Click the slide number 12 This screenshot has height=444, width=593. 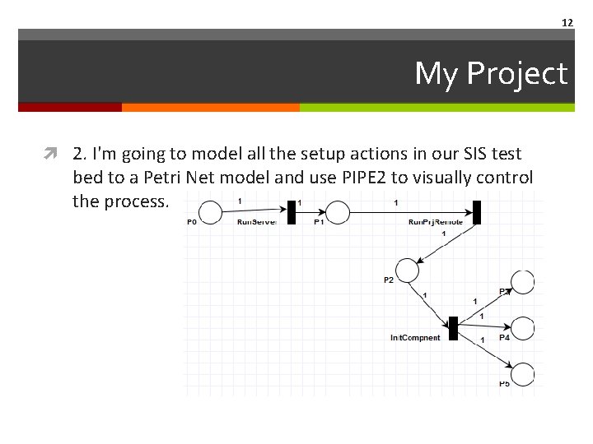click(567, 22)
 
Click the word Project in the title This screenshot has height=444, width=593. click(516, 74)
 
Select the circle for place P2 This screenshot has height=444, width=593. click(408, 270)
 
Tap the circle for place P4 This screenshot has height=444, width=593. click(523, 328)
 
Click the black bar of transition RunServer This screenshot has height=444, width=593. click(291, 212)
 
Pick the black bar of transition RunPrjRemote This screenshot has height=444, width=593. click(476, 212)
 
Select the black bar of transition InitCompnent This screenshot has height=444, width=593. click(453, 327)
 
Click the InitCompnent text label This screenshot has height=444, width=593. click(415, 338)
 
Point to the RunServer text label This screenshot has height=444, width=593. click(257, 222)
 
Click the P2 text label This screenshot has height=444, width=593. click(388, 280)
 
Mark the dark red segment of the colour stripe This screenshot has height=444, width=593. click(70, 107)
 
